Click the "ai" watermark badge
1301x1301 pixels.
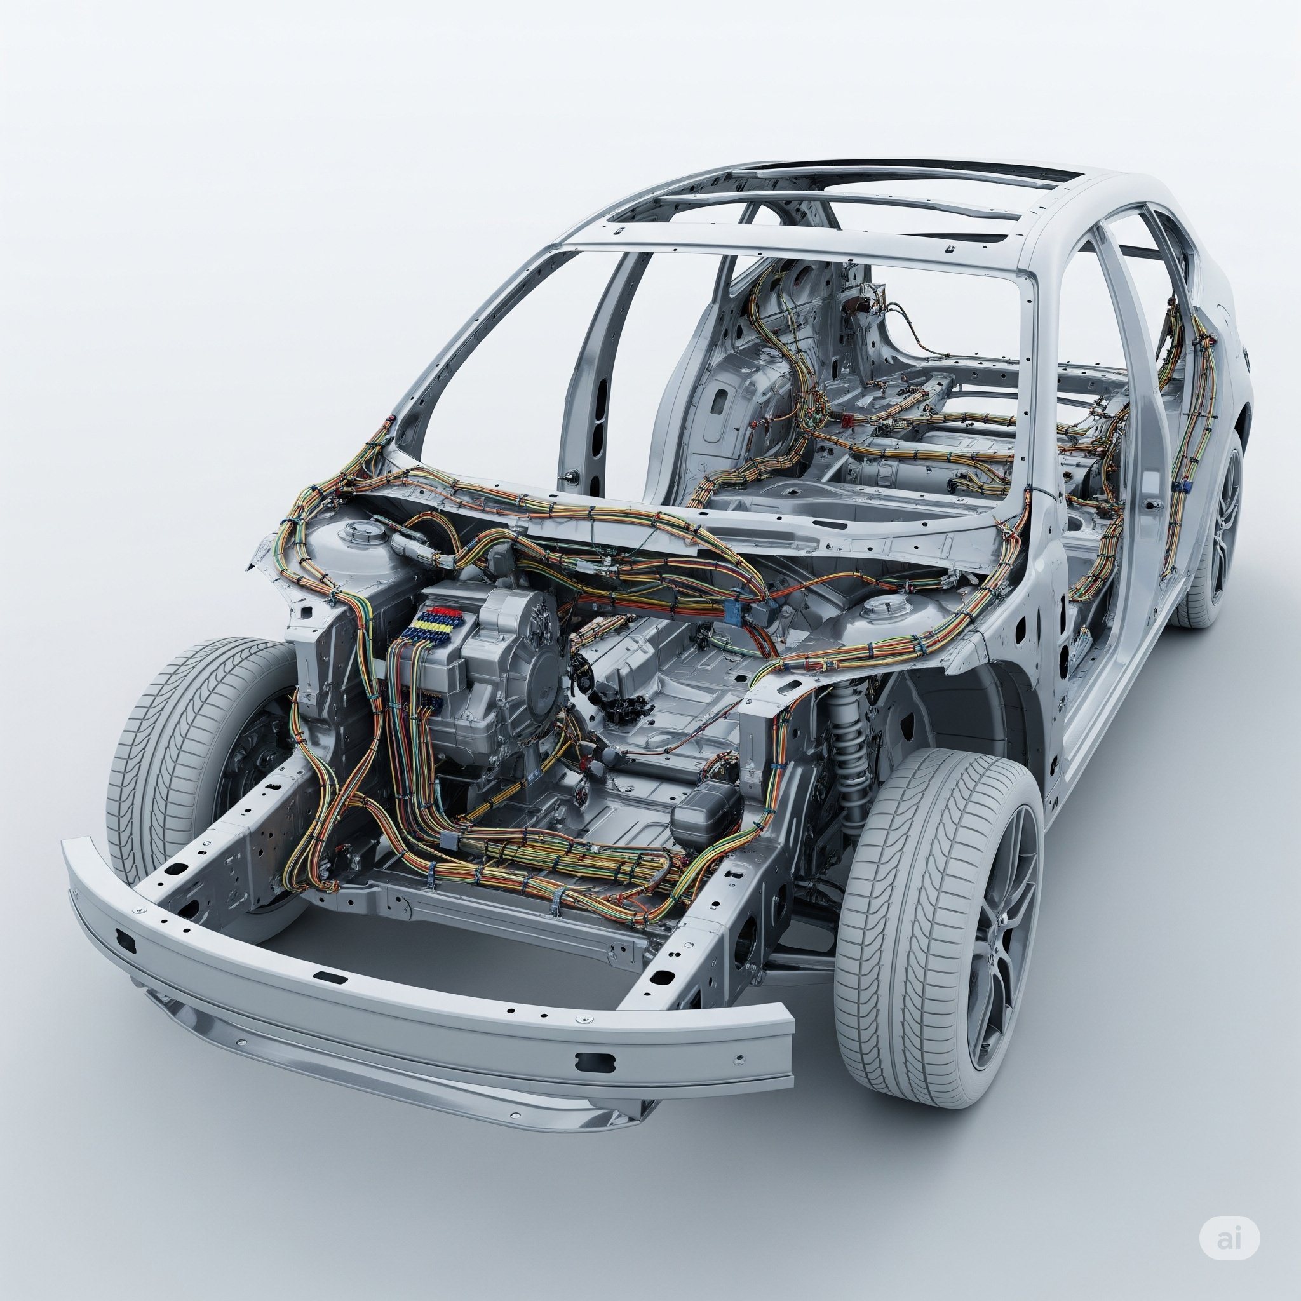click(x=1237, y=1238)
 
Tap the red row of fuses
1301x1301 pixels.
click(x=442, y=612)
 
